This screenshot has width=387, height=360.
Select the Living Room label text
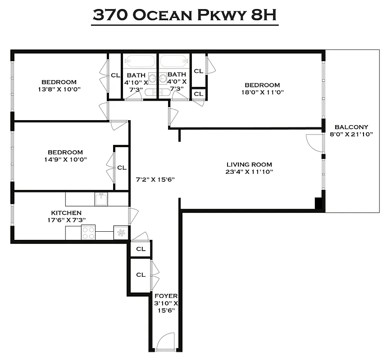tap(249, 165)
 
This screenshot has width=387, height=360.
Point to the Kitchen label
tap(66, 213)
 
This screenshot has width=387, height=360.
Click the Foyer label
tap(166, 296)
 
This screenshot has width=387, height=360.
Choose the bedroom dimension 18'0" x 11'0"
tap(262, 93)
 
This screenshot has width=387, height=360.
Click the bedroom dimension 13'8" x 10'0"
tap(59, 89)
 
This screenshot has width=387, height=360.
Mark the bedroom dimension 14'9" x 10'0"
tap(65, 159)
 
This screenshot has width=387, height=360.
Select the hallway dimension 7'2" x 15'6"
tap(155, 179)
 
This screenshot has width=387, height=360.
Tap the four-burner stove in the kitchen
tap(88, 233)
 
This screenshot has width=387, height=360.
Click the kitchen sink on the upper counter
tap(100, 198)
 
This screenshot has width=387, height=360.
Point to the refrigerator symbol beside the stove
tap(120, 233)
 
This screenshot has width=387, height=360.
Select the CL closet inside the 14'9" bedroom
tap(122, 167)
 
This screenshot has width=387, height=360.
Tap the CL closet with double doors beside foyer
tap(141, 274)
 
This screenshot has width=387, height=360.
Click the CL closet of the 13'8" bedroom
tap(115, 75)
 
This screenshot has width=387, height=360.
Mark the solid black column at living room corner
tap(319, 202)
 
